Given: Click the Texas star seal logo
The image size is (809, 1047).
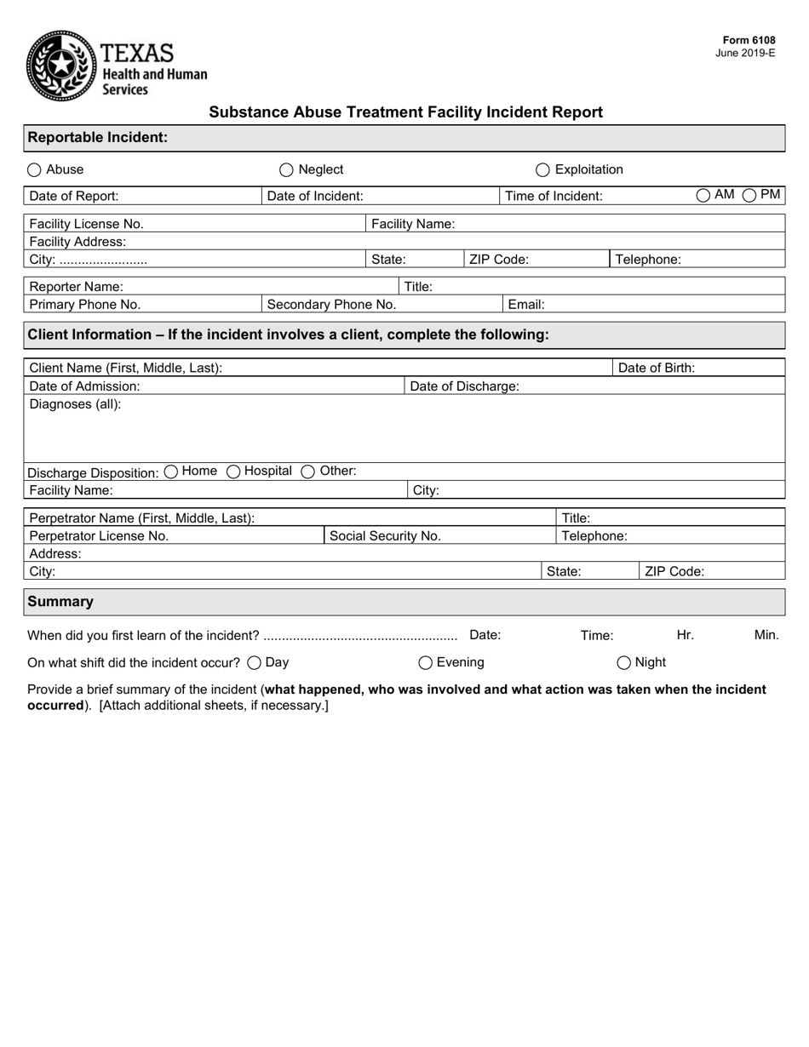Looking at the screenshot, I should [x=61, y=66].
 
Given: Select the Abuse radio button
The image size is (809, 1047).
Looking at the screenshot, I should [x=34, y=170].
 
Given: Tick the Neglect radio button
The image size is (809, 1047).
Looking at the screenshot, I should [x=286, y=170].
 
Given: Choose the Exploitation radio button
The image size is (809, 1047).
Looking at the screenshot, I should [x=542, y=170].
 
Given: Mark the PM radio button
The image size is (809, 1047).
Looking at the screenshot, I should [x=750, y=196].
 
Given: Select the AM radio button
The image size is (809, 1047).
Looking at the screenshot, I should [x=703, y=196].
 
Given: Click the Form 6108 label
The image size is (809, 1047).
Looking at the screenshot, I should [x=749, y=40].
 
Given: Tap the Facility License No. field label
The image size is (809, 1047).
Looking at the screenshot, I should [x=86, y=224].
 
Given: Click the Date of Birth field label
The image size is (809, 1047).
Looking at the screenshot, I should [x=656, y=368].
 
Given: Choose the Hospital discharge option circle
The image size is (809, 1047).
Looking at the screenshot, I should [x=233, y=472].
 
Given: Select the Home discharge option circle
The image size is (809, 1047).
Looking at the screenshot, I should [x=170, y=472].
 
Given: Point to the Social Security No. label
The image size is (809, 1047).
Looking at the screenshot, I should [x=385, y=536].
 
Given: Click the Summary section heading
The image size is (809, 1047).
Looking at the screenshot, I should [x=60, y=602].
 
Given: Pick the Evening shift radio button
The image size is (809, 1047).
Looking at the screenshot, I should [x=425, y=663].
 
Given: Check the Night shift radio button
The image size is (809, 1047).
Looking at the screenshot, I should [x=624, y=663].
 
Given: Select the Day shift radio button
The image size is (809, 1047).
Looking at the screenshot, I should [x=254, y=663].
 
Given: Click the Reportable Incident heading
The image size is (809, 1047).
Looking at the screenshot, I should [x=97, y=137].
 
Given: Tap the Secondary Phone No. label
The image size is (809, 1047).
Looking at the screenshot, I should [x=331, y=305].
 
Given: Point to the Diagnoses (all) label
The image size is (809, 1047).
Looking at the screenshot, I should [x=75, y=403].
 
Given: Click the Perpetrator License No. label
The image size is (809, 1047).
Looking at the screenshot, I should [x=99, y=536].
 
